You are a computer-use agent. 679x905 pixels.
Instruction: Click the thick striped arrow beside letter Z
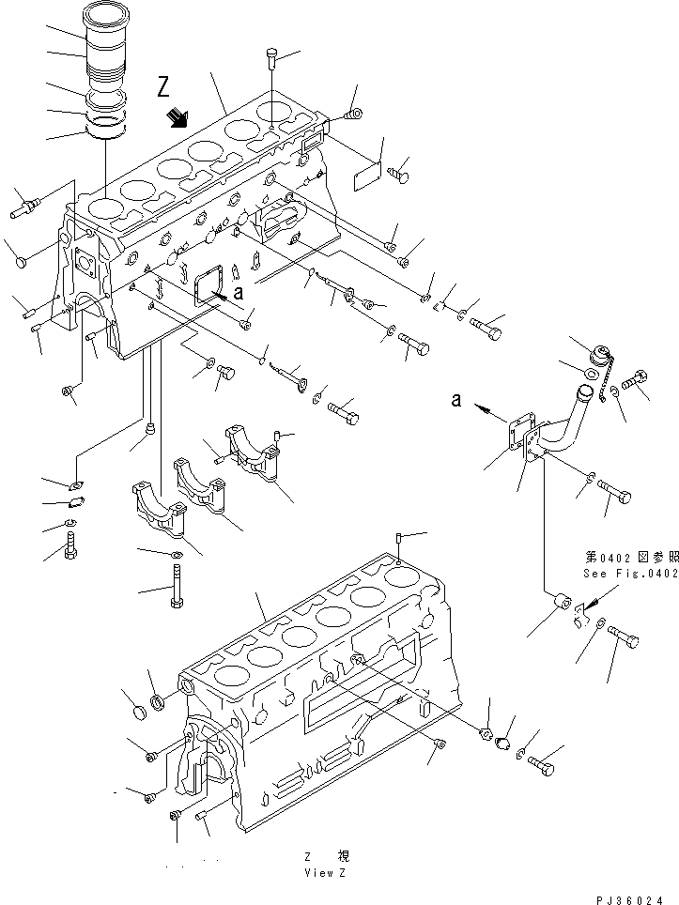[176, 116]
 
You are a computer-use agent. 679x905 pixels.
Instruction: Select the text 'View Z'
[327, 872]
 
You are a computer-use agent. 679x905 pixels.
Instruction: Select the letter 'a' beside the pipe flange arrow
[456, 399]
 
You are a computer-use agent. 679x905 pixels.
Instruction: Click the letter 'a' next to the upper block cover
[239, 292]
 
